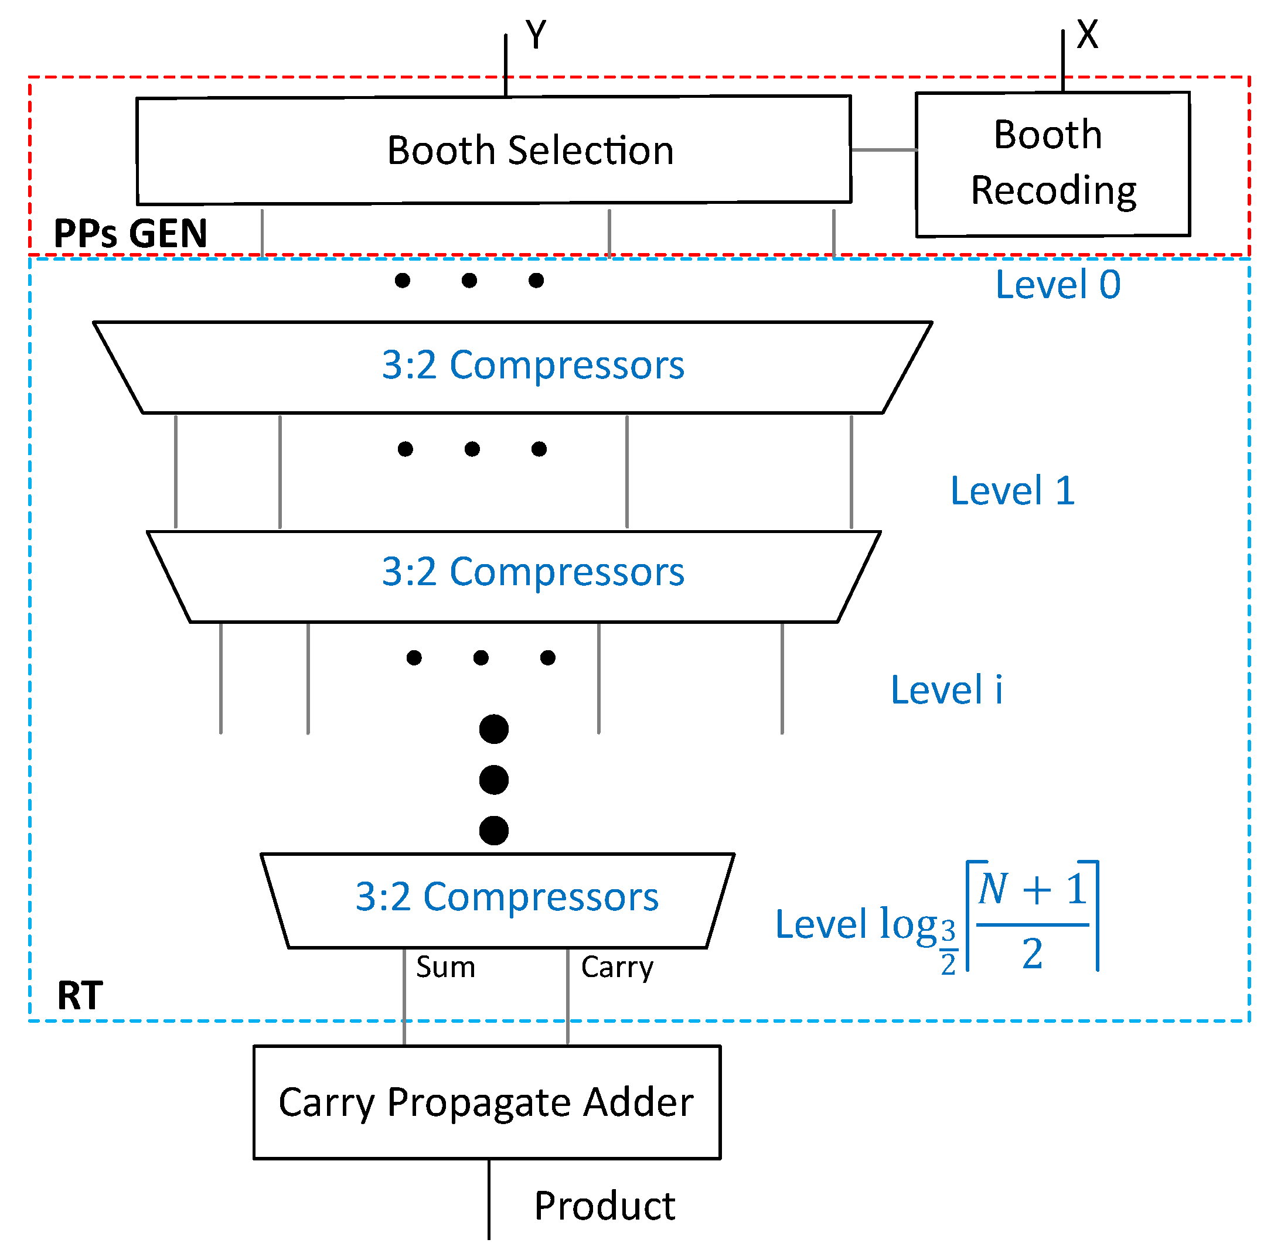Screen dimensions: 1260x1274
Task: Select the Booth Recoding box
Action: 1052,163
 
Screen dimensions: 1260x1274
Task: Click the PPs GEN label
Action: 131,233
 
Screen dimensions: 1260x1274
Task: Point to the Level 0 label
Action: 1057,285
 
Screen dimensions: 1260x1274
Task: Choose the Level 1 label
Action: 1012,491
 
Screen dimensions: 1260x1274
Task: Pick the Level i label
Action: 946,690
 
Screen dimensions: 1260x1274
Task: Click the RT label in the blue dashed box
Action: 80,995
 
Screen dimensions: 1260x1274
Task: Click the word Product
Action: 604,1206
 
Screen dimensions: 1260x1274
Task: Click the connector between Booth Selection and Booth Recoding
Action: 884,150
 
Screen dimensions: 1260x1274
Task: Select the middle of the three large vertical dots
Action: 494,780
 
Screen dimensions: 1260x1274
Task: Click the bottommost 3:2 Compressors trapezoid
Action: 498,900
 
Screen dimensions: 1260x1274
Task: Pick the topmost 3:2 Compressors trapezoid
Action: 513,367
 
